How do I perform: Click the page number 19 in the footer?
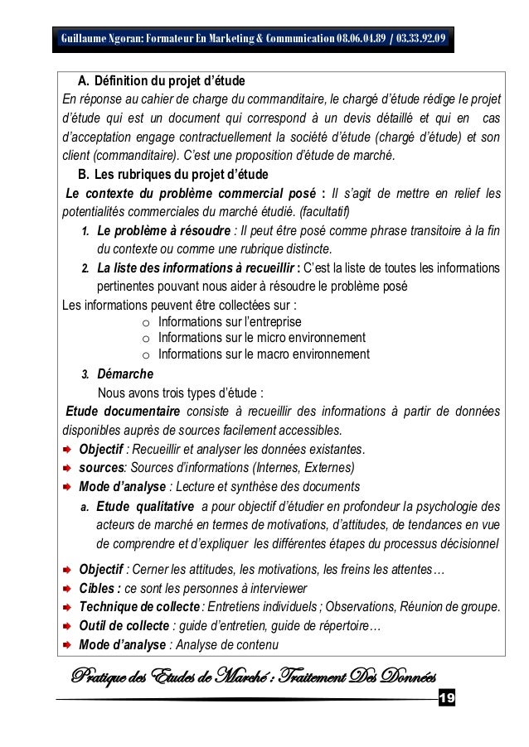click(446, 701)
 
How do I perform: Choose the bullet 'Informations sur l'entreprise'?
click(230, 321)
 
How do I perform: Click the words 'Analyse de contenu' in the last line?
click(226, 645)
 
